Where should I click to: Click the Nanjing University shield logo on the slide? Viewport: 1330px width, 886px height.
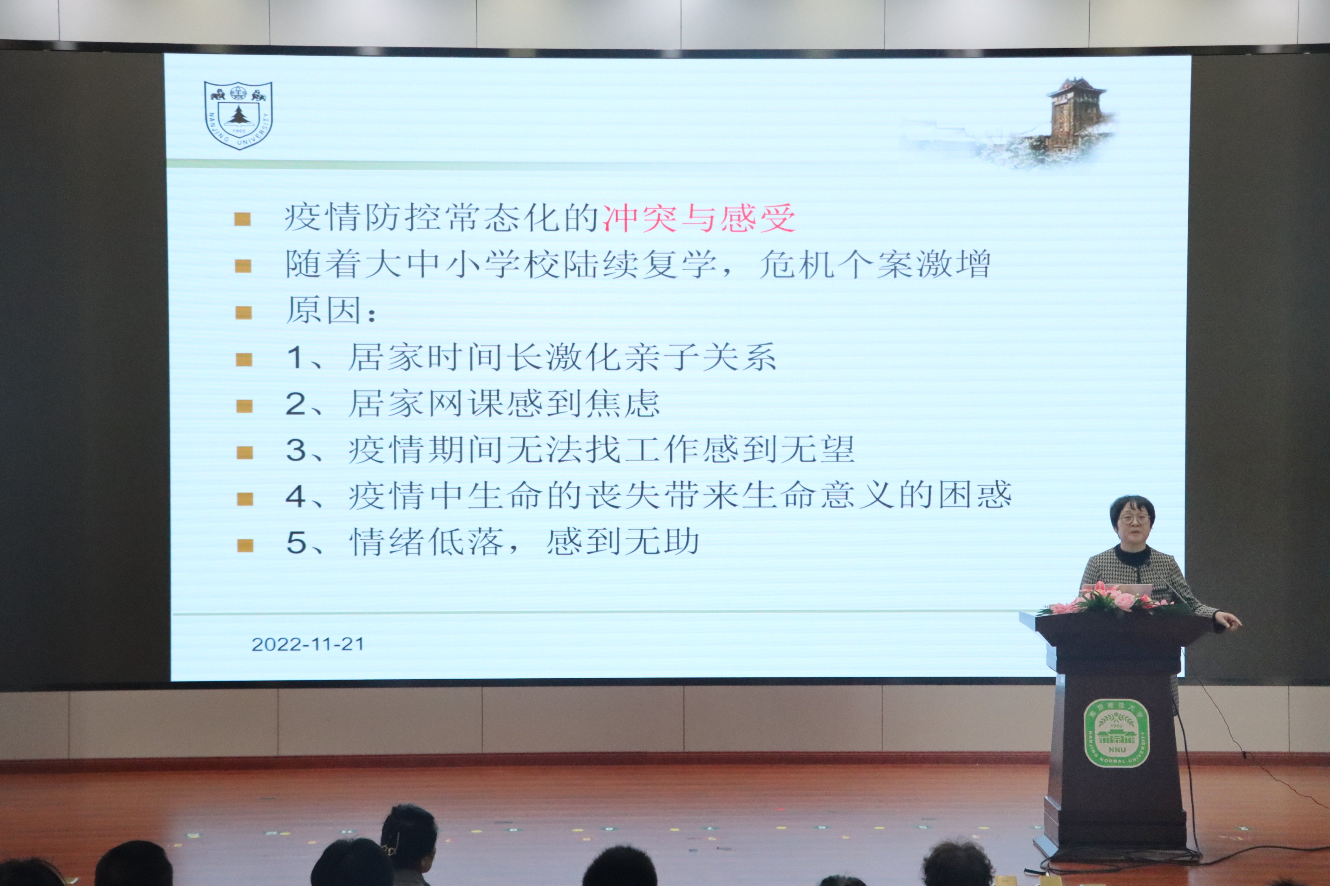[238, 115]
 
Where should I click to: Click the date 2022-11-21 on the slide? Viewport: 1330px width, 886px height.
[308, 644]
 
